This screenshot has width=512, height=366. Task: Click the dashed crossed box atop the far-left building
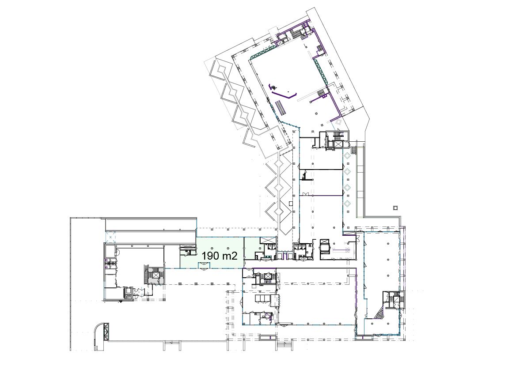[111, 236]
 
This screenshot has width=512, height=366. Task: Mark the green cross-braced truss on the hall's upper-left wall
[264, 52]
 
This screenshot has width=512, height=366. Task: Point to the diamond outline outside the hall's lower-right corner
[338, 122]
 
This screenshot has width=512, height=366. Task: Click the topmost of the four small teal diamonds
[347, 155]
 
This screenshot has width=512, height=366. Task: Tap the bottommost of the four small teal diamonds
[347, 203]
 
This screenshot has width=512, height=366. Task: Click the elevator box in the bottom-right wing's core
[396, 299]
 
